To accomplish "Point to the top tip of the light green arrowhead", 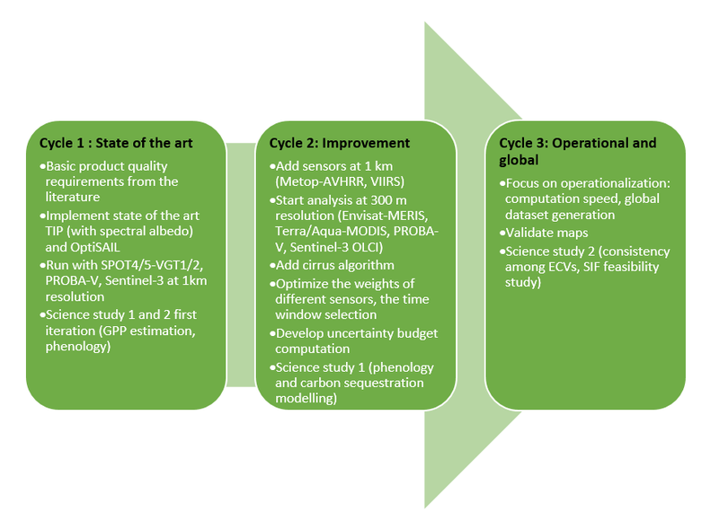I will (427, 22).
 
